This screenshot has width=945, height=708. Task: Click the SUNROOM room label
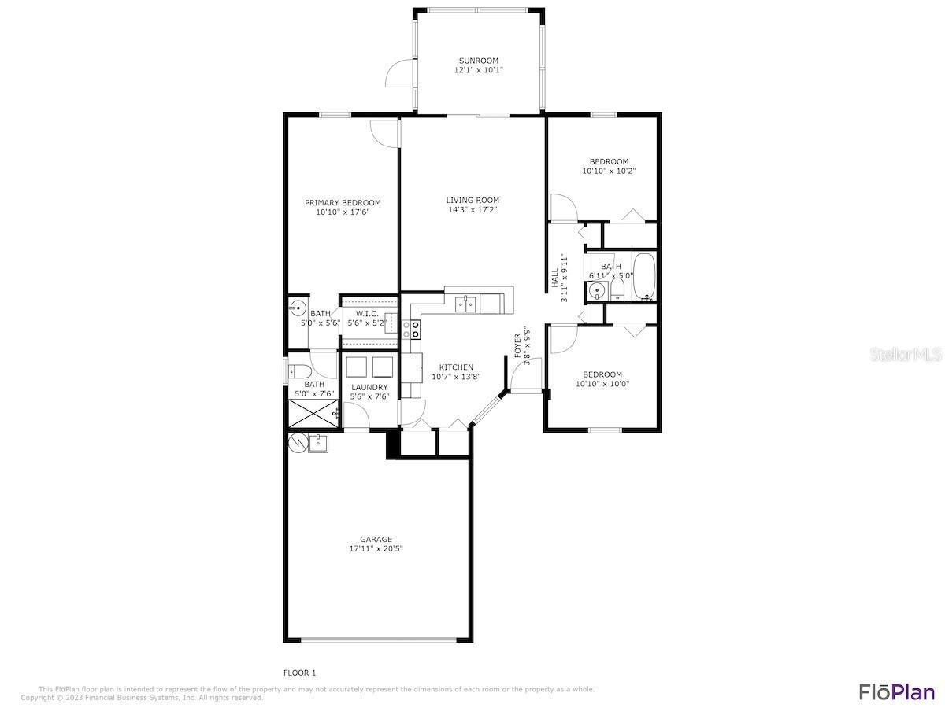click(x=478, y=61)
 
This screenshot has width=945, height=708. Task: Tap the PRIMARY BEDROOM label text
click(x=343, y=203)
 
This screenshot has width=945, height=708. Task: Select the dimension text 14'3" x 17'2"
click(x=472, y=210)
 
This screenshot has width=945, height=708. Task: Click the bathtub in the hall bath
click(x=644, y=277)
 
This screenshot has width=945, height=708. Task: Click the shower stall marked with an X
click(x=313, y=414)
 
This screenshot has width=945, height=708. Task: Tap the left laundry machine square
click(x=357, y=367)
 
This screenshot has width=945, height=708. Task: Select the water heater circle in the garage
click(x=298, y=443)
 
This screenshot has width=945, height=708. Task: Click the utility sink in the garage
click(x=318, y=444)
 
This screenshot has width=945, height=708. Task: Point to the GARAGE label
click(x=376, y=540)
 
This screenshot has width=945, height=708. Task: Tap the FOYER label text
click(x=517, y=346)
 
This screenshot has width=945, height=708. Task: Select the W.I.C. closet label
click(x=367, y=314)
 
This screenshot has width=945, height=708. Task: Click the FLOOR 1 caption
click(x=299, y=673)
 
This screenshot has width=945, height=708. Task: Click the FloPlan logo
click(x=896, y=691)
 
